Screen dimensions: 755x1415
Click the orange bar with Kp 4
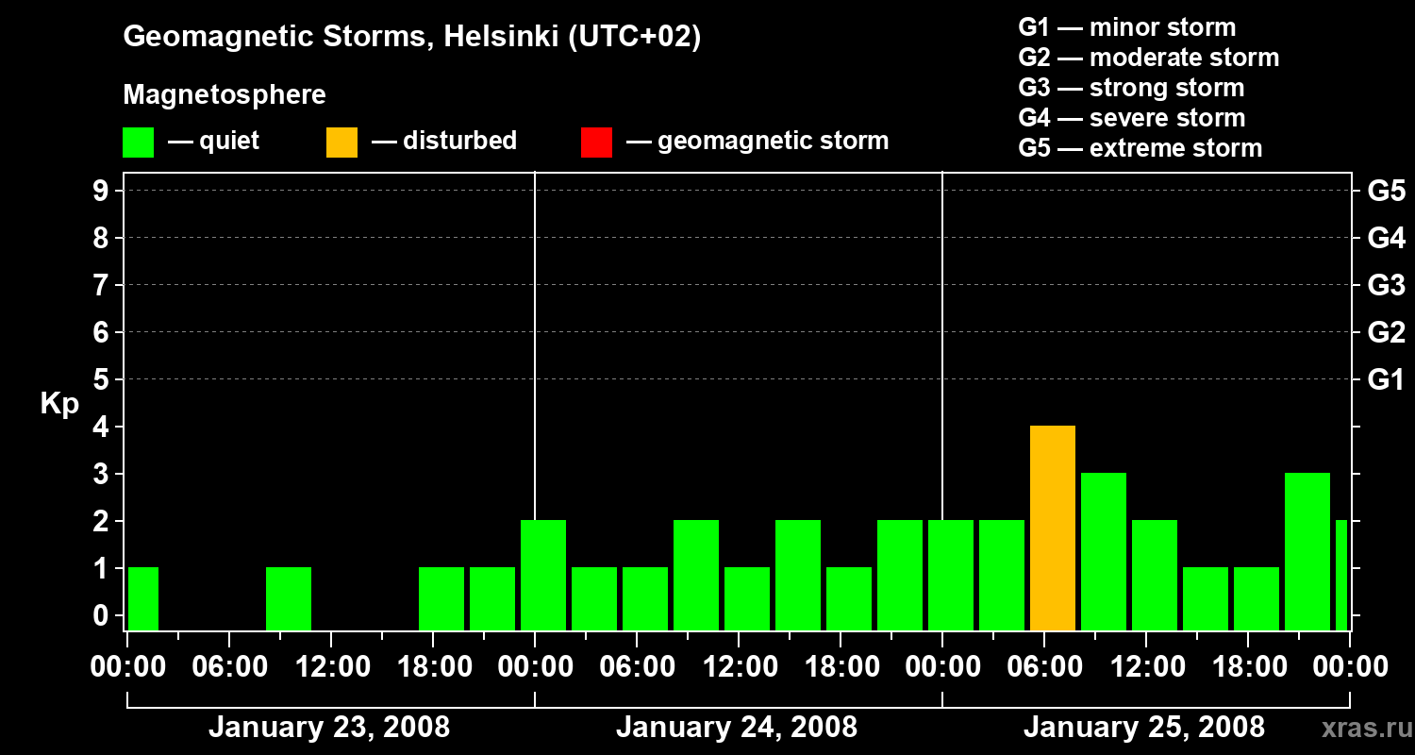coord(1053,528)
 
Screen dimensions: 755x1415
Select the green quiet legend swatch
coord(139,143)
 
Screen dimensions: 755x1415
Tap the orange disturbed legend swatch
coord(342,143)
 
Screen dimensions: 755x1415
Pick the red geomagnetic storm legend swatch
coord(596,143)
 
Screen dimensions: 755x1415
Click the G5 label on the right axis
coord(1386,191)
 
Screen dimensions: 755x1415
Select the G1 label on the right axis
coord(1386,379)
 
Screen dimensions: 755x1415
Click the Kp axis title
coord(59,404)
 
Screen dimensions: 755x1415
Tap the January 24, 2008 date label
coord(737,728)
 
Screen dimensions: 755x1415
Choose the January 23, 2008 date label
coord(329,728)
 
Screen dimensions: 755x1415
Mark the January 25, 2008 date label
coord(1144,728)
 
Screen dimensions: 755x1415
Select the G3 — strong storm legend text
coord(1131,88)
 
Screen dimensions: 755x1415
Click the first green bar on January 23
coord(143,598)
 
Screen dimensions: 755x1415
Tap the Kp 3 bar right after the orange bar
coord(1104,552)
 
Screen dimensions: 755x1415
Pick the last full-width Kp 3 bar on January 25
coord(1307,552)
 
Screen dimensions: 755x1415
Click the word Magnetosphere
coord(225,95)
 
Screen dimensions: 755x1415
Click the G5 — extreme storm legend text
coord(1140,148)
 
